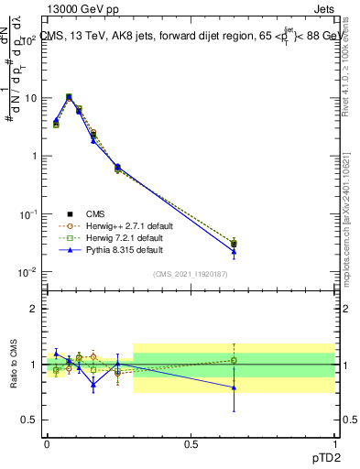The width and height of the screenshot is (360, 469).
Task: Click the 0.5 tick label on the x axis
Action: click(191, 443)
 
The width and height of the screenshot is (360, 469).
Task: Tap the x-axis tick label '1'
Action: click(334, 443)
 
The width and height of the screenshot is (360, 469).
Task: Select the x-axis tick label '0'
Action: click(47, 443)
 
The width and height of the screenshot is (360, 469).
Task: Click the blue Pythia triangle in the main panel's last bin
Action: click(234, 251)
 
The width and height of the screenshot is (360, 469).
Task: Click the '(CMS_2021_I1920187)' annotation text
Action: click(191, 273)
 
